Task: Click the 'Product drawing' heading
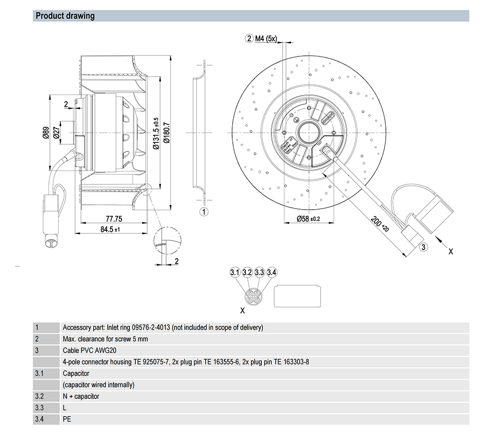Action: pyautogui.click(x=65, y=16)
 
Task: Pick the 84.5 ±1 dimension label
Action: pyautogui.click(x=110, y=229)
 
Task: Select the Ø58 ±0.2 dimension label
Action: pyautogui.click(x=308, y=219)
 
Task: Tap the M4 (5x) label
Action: pyautogui.click(x=267, y=38)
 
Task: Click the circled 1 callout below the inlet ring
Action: pyautogui.click(x=203, y=212)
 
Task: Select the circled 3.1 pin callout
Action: pyautogui.click(x=235, y=272)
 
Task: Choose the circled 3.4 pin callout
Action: pyautogui.click(x=271, y=272)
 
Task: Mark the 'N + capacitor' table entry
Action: pyautogui.click(x=81, y=396)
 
